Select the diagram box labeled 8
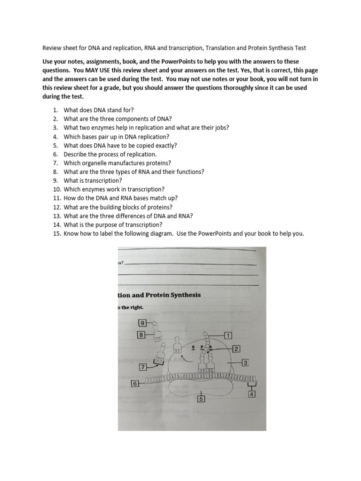(141, 335)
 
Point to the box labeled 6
(135, 383)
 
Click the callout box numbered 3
(245, 362)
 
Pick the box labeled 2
(236, 348)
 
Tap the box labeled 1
(228, 335)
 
